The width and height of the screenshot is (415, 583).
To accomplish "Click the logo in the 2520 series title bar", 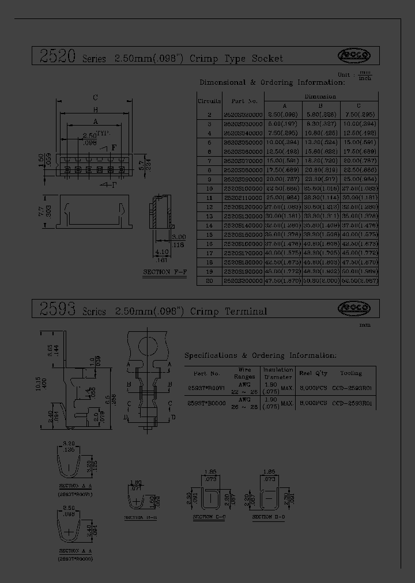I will pyautogui.click(x=354, y=55).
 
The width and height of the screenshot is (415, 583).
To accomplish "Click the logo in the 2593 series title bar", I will pyautogui.click(x=354, y=308).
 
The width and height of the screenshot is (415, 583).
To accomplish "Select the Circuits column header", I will pyautogui.click(x=209, y=100).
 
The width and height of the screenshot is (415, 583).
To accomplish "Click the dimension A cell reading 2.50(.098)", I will pyautogui.click(x=284, y=115).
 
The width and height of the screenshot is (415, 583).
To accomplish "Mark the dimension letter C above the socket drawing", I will pyautogui.click(x=95, y=97).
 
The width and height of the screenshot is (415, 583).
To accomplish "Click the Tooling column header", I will pyautogui.click(x=351, y=373).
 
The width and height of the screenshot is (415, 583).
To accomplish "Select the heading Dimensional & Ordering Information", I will pyautogui.click(x=271, y=82).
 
